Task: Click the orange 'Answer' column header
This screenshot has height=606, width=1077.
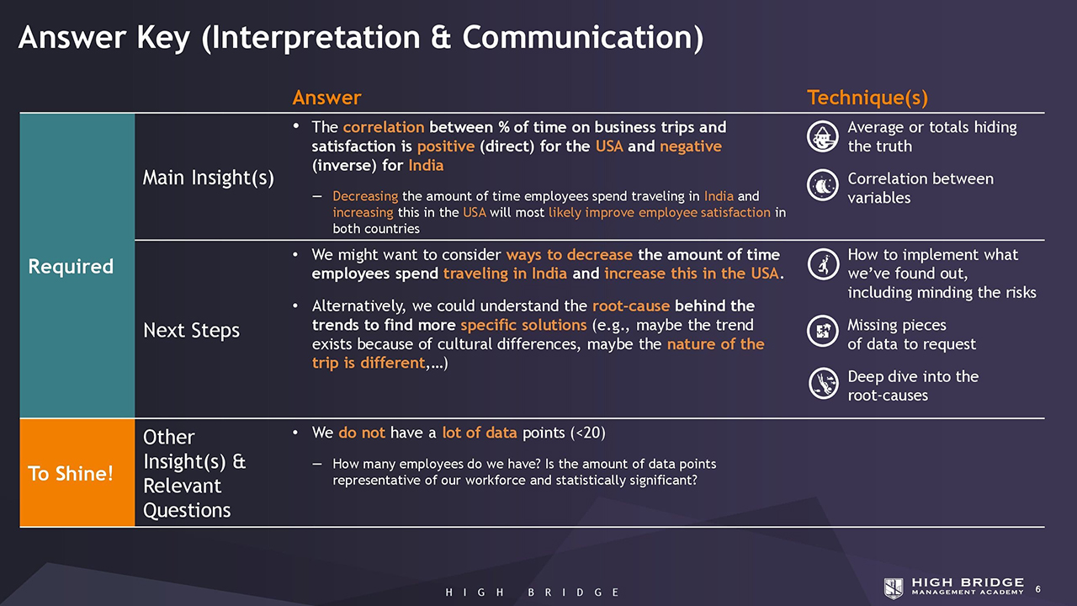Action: click(326, 98)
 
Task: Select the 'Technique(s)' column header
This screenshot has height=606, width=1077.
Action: click(867, 98)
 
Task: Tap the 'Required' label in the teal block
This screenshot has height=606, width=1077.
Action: click(71, 267)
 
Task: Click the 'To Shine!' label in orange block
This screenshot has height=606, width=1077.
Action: click(71, 474)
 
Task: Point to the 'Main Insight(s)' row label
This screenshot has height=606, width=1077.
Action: click(208, 178)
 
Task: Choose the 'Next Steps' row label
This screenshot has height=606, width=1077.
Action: click(191, 331)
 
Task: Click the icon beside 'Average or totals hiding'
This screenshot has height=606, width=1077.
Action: click(823, 136)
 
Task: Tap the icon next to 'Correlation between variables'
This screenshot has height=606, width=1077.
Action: click(823, 184)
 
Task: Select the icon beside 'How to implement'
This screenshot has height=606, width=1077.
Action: click(823, 264)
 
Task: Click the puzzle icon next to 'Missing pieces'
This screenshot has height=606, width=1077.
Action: click(823, 331)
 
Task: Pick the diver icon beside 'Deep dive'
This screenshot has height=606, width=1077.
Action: click(823, 383)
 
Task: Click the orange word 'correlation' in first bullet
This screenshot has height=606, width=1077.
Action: click(384, 127)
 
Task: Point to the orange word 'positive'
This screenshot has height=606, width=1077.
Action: click(446, 146)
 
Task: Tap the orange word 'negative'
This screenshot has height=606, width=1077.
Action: click(691, 146)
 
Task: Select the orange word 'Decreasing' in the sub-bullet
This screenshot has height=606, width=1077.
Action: click(365, 196)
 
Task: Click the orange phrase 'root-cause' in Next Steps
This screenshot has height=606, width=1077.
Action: click(631, 306)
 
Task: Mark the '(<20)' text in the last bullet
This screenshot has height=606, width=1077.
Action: click(587, 433)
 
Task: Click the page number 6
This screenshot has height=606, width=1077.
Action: click(1038, 589)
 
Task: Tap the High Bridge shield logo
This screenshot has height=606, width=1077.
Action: click(894, 588)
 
